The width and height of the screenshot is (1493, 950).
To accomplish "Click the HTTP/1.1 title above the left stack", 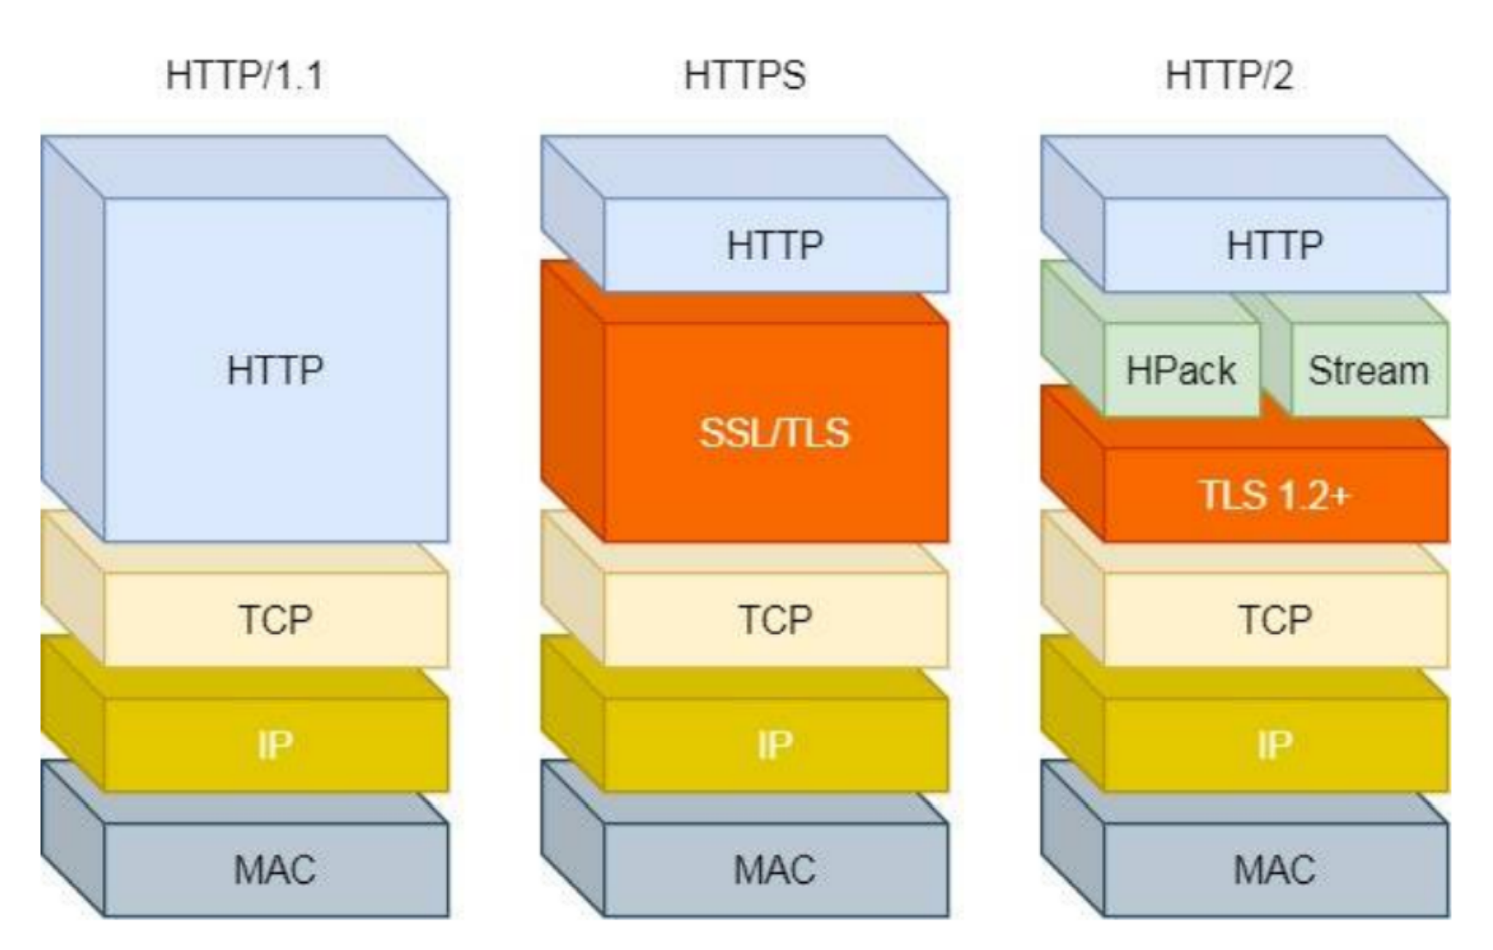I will (245, 75).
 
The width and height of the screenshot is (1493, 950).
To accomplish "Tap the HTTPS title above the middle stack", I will (744, 75).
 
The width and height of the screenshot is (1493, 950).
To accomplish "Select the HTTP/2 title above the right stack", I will (1229, 75).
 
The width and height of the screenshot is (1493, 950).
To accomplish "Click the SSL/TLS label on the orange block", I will (774, 433).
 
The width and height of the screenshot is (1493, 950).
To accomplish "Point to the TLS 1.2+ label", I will (1274, 495).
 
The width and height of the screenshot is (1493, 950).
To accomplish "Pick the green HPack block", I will (1180, 371).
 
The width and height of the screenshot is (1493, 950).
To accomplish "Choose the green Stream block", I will (1368, 371).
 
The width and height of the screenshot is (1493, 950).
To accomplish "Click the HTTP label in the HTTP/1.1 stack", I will (275, 371).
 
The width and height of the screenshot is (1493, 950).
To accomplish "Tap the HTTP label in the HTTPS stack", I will (774, 246).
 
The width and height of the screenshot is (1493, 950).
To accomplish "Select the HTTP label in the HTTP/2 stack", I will (1274, 246).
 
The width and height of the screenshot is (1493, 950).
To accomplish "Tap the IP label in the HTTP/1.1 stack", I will (275, 745).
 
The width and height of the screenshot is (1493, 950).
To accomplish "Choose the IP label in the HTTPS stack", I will (774, 745).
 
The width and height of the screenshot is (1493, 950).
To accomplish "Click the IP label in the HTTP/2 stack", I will (1274, 745).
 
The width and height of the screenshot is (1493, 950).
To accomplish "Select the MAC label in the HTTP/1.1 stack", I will (275, 870).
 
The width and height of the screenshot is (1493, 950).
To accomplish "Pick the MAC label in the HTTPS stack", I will (774, 870).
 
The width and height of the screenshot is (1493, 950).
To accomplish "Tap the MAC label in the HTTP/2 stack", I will (1274, 870).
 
